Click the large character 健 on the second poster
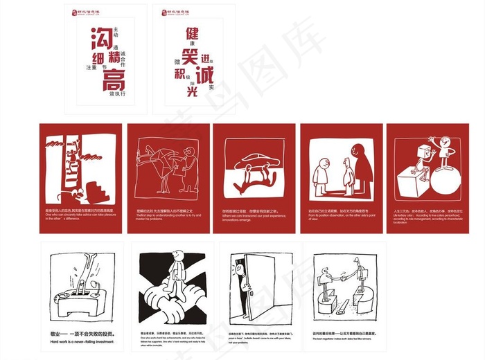(x=192, y=34)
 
